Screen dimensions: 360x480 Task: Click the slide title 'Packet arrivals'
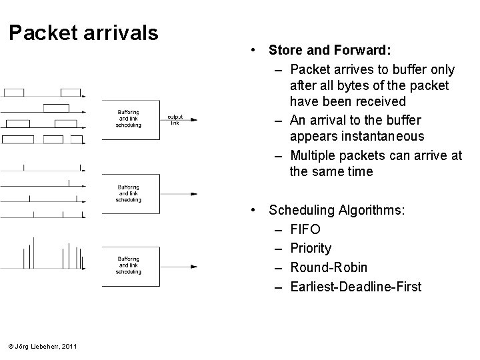click(83, 33)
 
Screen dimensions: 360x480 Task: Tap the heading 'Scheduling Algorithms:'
click(335, 211)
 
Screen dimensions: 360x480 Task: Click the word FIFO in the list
click(305, 229)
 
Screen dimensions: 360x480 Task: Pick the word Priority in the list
click(311, 249)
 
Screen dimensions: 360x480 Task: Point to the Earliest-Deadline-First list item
click(356, 287)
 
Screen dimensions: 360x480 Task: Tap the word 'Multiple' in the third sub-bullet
click(315, 156)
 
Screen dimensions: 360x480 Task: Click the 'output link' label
click(175, 119)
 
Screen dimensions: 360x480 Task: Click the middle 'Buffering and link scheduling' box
click(129, 193)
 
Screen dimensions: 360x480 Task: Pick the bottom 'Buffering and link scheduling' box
click(129, 265)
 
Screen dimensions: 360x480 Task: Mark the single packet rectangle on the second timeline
click(56, 108)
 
